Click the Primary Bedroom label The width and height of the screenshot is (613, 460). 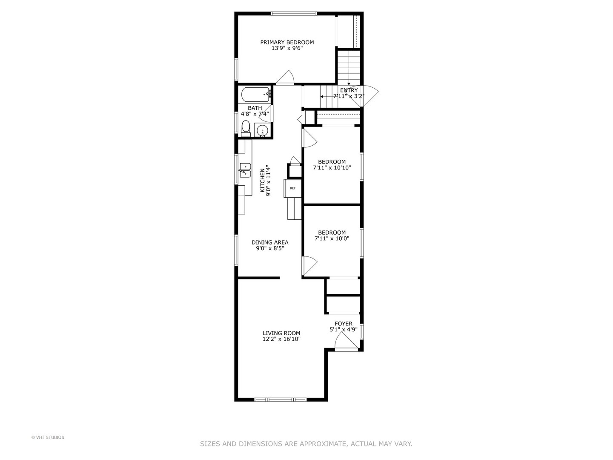(x=287, y=42)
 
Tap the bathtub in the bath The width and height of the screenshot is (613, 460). (x=255, y=94)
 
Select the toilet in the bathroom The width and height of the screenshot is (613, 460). (x=246, y=127)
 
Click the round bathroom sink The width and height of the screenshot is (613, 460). (x=262, y=130)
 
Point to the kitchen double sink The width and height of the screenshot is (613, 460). (x=245, y=169)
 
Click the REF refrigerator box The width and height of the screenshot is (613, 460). (x=292, y=188)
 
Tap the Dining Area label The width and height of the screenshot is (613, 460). (x=270, y=242)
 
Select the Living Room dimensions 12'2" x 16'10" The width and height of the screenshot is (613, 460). (x=281, y=339)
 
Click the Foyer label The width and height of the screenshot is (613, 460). (x=343, y=324)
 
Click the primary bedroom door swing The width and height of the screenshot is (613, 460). (x=284, y=77)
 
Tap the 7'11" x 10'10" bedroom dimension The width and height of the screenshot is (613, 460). (x=332, y=168)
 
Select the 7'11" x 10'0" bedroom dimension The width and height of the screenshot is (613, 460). (x=332, y=239)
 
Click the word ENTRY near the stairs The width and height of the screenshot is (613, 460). (x=349, y=90)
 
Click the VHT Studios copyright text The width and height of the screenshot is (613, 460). (x=48, y=437)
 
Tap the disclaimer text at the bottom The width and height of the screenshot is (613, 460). (x=306, y=444)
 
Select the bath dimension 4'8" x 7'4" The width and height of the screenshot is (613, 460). (x=255, y=114)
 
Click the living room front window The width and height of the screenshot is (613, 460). (x=281, y=400)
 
